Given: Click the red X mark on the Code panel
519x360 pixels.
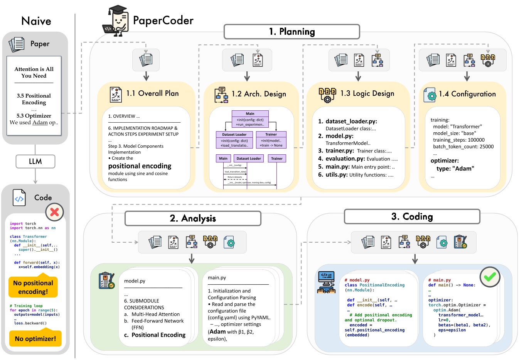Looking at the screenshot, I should pos(54,212).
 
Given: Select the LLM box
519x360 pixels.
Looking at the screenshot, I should pos(35,161).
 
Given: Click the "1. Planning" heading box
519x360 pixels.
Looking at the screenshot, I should pos(292,32).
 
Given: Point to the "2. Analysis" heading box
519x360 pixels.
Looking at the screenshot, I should pos(193,218).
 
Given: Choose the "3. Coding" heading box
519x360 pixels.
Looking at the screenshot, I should pos(412,216).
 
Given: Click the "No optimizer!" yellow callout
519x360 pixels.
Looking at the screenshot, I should pos(35,338).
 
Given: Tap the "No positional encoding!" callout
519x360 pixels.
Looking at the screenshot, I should pos(33,287).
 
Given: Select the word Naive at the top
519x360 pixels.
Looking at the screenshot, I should pos(36,21).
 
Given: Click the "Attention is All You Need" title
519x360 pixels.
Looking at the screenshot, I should pos(34,73).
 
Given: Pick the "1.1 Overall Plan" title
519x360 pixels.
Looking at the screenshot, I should pos(152,93).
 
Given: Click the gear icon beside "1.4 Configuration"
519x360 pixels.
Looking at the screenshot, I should pos(430,95).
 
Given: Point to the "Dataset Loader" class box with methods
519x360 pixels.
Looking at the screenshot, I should pos(234,140).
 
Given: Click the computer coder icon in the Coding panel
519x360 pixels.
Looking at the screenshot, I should pos(327,282).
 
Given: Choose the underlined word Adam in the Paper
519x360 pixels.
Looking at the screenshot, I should pos(40,122).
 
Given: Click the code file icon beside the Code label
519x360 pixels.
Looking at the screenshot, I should pos(19,198).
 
